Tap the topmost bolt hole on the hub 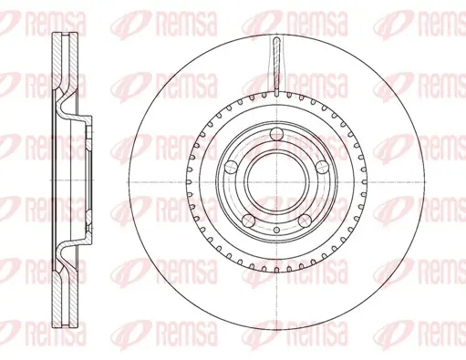click(x=276, y=134)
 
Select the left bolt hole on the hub click(x=231, y=168)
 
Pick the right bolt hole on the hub click(x=322, y=168)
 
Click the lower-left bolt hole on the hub click(x=248, y=221)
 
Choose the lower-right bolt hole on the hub click(x=305, y=221)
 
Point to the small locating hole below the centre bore click(x=276, y=230)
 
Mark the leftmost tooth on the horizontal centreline click(x=189, y=182)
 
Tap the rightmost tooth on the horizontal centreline click(x=364, y=182)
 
